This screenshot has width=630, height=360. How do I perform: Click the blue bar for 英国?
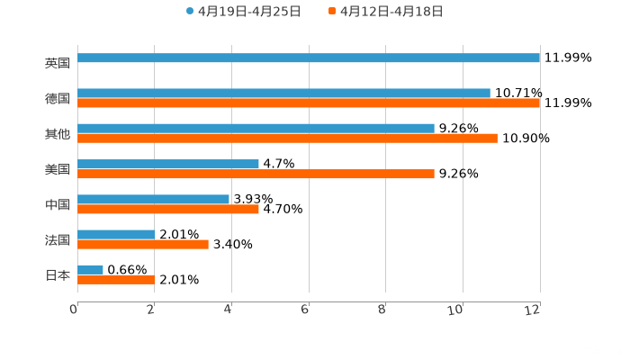point(309,58)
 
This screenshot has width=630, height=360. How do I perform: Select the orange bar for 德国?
point(309,103)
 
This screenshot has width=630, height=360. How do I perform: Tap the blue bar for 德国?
point(283,93)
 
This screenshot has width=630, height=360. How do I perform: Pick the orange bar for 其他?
point(287,139)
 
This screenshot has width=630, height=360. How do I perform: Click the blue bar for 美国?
point(168,164)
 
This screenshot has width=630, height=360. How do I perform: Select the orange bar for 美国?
point(256,174)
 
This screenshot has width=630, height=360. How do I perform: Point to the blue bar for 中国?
point(153,199)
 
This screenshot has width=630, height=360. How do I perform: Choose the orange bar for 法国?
point(143,244)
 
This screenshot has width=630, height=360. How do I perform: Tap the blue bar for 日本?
point(90,269)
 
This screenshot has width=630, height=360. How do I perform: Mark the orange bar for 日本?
point(116,280)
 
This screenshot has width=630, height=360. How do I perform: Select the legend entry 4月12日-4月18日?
point(391,12)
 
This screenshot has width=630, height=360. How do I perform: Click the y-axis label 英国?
point(58,64)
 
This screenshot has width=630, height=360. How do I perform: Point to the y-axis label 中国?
point(58,205)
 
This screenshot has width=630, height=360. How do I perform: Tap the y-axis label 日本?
point(58,275)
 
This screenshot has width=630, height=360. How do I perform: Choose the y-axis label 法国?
point(58,240)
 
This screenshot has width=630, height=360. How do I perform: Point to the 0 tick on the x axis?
point(74,310)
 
